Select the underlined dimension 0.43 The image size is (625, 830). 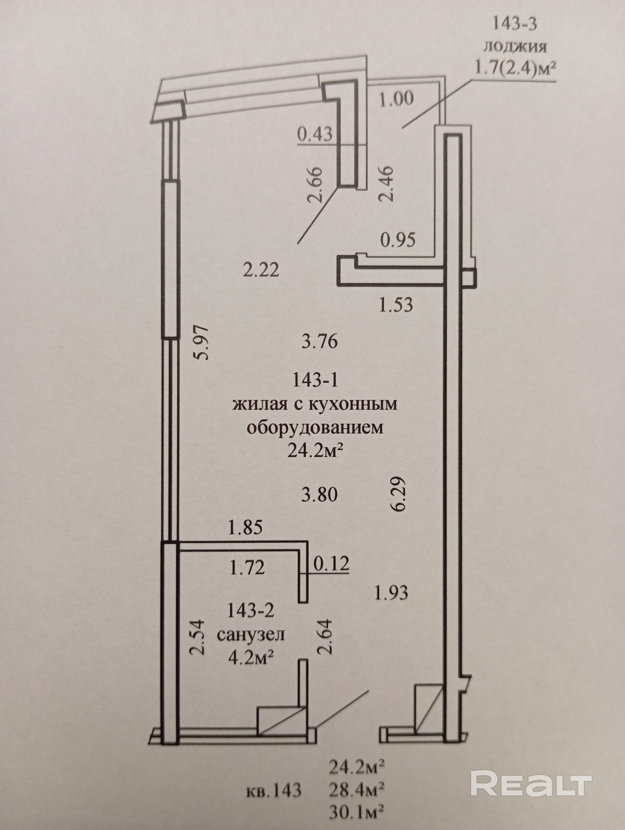pos(314,134)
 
